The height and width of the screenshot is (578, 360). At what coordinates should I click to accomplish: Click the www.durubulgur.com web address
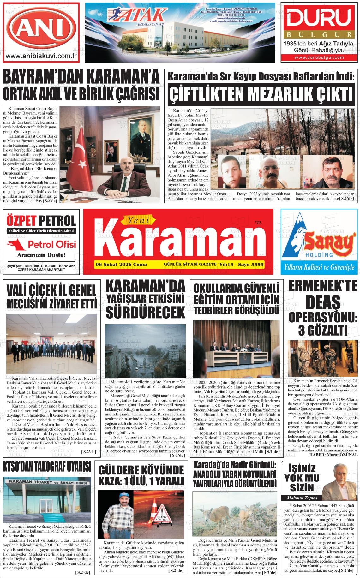(x=319, y=57)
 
